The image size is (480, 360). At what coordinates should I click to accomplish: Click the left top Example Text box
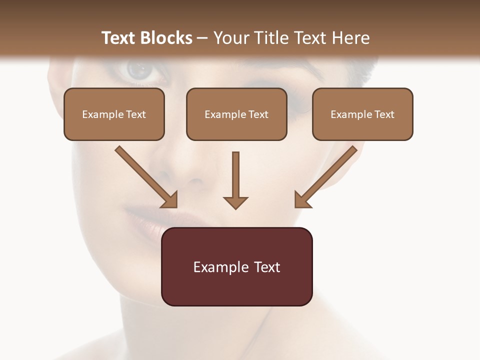[114, 114]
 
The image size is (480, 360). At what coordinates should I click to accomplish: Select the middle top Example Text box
[236, 114]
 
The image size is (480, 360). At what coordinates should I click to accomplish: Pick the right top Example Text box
[362, 114]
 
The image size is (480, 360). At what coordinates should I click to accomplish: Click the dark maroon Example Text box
[236, 266]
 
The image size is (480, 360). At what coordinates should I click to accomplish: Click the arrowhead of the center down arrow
[235, 202]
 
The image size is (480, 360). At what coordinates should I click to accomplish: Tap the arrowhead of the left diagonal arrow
[170, 200]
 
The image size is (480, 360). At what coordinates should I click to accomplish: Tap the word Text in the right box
[384, 114]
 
